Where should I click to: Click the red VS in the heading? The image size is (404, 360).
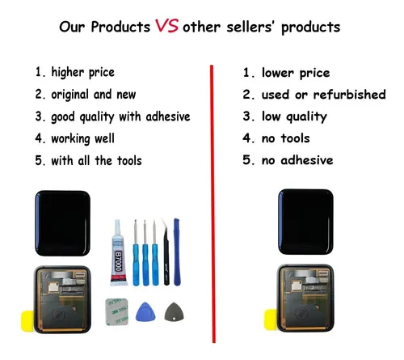[x=166, y=26]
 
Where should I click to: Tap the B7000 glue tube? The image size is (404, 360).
[x=118, y=253]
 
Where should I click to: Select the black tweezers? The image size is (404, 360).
[x=166, y=252]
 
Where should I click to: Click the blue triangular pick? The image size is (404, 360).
[x=145, y=312]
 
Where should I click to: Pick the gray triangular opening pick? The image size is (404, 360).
[x=174, y=312]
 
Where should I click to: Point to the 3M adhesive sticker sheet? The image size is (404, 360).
[x=116, y=311]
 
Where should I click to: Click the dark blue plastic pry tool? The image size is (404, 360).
[x=177, y=252]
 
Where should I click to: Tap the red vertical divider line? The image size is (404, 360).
[x=213, y=204]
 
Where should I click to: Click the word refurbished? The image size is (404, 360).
[x=349, y=95]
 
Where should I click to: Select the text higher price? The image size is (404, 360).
[x=83, y=73]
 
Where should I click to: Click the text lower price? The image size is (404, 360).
[x=296, y=73]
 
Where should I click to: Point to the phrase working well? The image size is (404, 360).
[x=82, y=139]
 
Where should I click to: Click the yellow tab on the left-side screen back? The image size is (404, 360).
[x=27, y=321]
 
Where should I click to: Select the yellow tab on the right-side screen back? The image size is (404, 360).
[x=271, y=320]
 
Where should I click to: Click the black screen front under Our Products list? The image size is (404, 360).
[x=62, y=223]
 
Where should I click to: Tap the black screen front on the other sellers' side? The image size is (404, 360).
[x=305, y=222]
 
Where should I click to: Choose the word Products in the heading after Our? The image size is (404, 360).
[x=120, y=27]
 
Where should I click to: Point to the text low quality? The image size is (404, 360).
[x=294, y=116]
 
